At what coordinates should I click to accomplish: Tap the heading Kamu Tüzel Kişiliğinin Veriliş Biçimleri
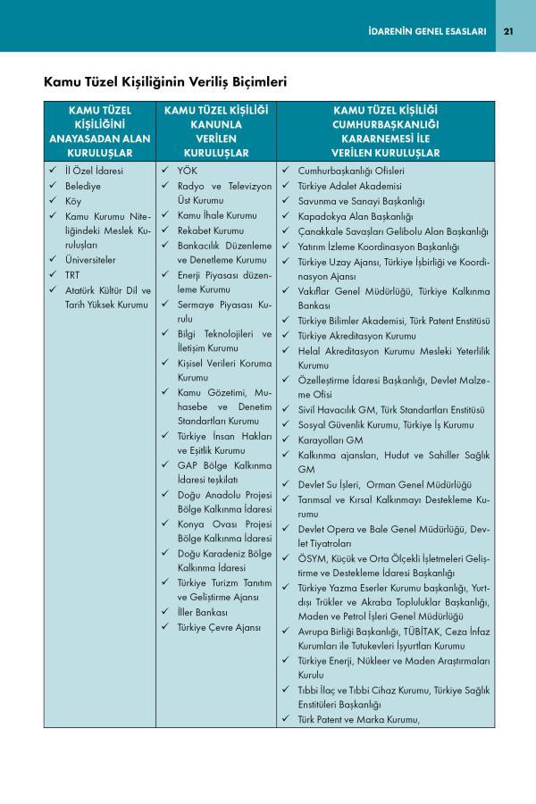tap(165, 83)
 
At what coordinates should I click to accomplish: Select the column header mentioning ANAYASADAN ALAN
tap(99, 131)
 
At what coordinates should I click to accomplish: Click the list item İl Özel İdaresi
tap(95, 170)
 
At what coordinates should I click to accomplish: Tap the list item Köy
tap(73, 201)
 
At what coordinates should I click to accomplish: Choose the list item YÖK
tap(187, 170)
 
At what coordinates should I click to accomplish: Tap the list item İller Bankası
tap(202, 612)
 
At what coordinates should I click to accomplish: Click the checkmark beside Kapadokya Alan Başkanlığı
tap(285, 215)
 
